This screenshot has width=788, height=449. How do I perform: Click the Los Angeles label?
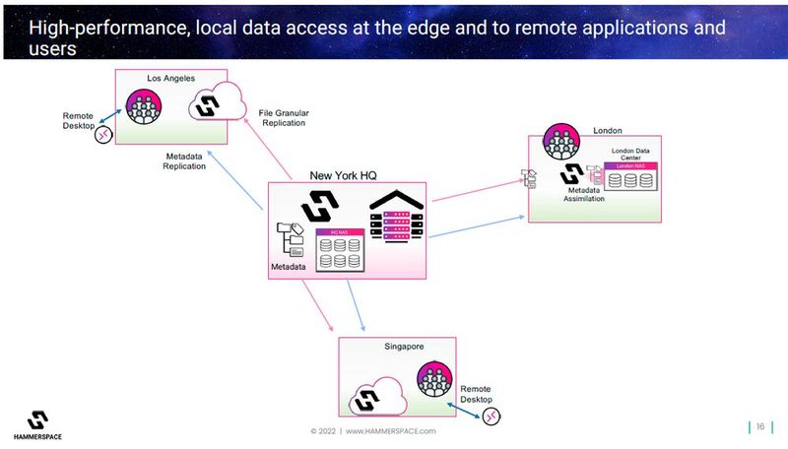coord(169,77)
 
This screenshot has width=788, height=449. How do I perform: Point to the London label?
coord(608,130)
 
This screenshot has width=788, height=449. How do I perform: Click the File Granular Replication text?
coord(283,117)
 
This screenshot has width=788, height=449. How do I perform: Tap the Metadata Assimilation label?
coord(584,194)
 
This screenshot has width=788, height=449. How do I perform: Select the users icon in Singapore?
coord(433,380)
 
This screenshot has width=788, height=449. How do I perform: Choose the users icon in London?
coord(560,144)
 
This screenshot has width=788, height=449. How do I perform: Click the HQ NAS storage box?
coord(338,250)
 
